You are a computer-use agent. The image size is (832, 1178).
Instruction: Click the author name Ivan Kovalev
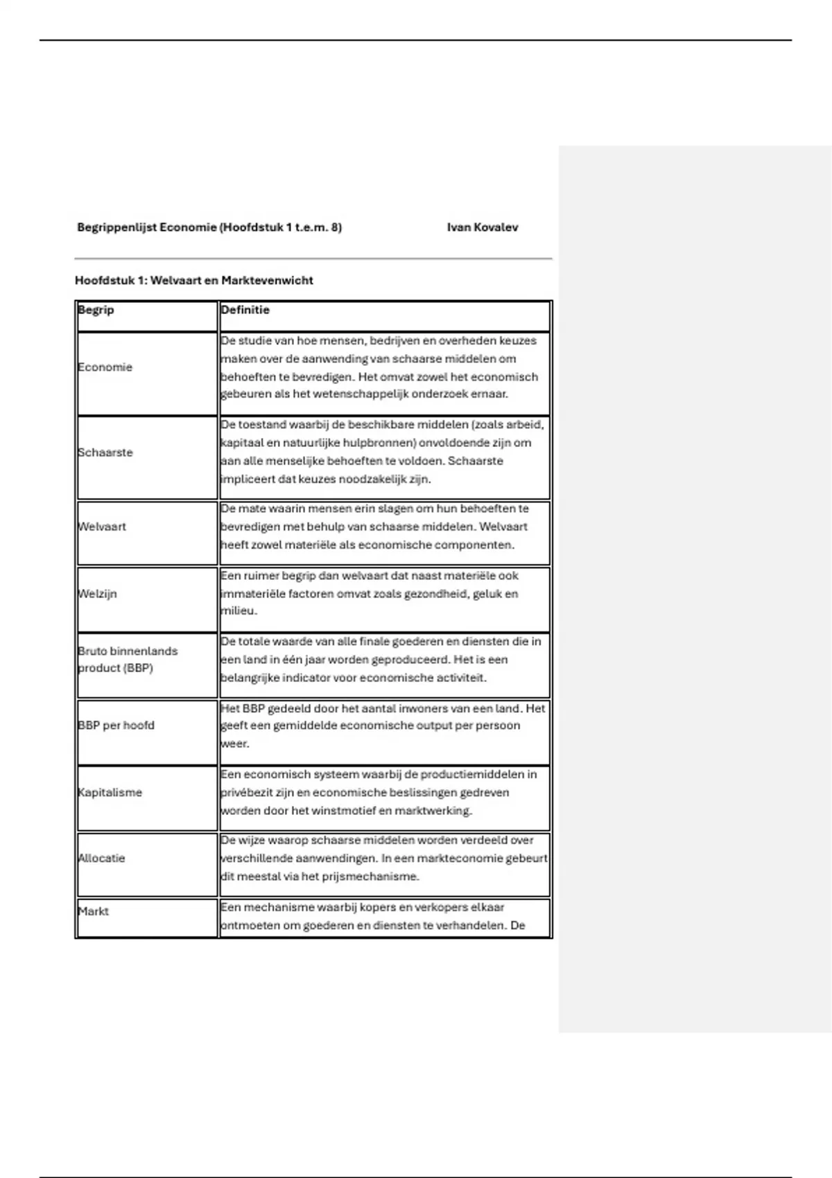[482, 227]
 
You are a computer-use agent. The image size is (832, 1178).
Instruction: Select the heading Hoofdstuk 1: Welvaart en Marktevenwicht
[194, 281]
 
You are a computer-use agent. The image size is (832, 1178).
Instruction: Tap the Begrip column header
[96, 310]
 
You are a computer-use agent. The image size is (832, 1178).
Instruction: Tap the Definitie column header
[245, 310]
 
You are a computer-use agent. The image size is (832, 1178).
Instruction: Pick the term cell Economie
[105, 367]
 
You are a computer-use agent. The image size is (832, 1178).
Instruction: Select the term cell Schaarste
[105, 452]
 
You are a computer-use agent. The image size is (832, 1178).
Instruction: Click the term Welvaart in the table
[102, 527]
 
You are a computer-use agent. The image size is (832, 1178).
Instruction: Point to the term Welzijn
[97, 594]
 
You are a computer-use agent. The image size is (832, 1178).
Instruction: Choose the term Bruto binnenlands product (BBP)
[128, 660]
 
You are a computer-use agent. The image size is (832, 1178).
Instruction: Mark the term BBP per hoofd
[116, 726]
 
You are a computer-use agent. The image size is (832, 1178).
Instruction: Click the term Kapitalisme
[110, 792]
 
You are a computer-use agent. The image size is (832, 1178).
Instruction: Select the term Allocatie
[101, 858]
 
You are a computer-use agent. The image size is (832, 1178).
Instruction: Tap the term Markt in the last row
[93, 911]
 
